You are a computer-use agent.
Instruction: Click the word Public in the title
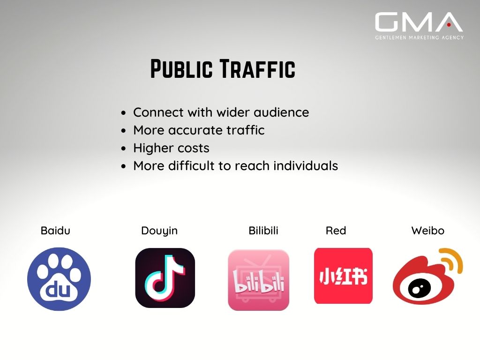coord(181,68)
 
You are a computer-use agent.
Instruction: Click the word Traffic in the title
coord(258,68)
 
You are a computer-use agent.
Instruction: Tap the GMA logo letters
coord(419,22)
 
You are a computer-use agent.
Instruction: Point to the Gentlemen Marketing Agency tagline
coord(420,37)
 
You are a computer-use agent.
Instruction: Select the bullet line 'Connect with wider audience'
coord(221,112)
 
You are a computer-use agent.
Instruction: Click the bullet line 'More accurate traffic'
coord(199,130)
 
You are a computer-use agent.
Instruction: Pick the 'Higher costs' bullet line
coord(171,148)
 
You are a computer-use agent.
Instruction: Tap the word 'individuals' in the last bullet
coord(306,165)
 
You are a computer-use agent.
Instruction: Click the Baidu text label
coord(55,231)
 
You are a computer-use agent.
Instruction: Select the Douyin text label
coord(159,231)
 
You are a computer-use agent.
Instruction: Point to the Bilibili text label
coord(263,231)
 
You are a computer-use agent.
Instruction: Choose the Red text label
coord(336,231)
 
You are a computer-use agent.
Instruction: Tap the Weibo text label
coord(427,231)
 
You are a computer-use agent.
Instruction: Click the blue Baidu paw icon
coord(59,279)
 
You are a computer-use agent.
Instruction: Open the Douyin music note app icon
coord(165,278)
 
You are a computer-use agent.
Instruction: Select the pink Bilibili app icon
coord(258,280)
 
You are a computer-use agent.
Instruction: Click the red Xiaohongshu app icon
coord(343,276)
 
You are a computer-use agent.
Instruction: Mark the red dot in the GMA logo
coord(449,25)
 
